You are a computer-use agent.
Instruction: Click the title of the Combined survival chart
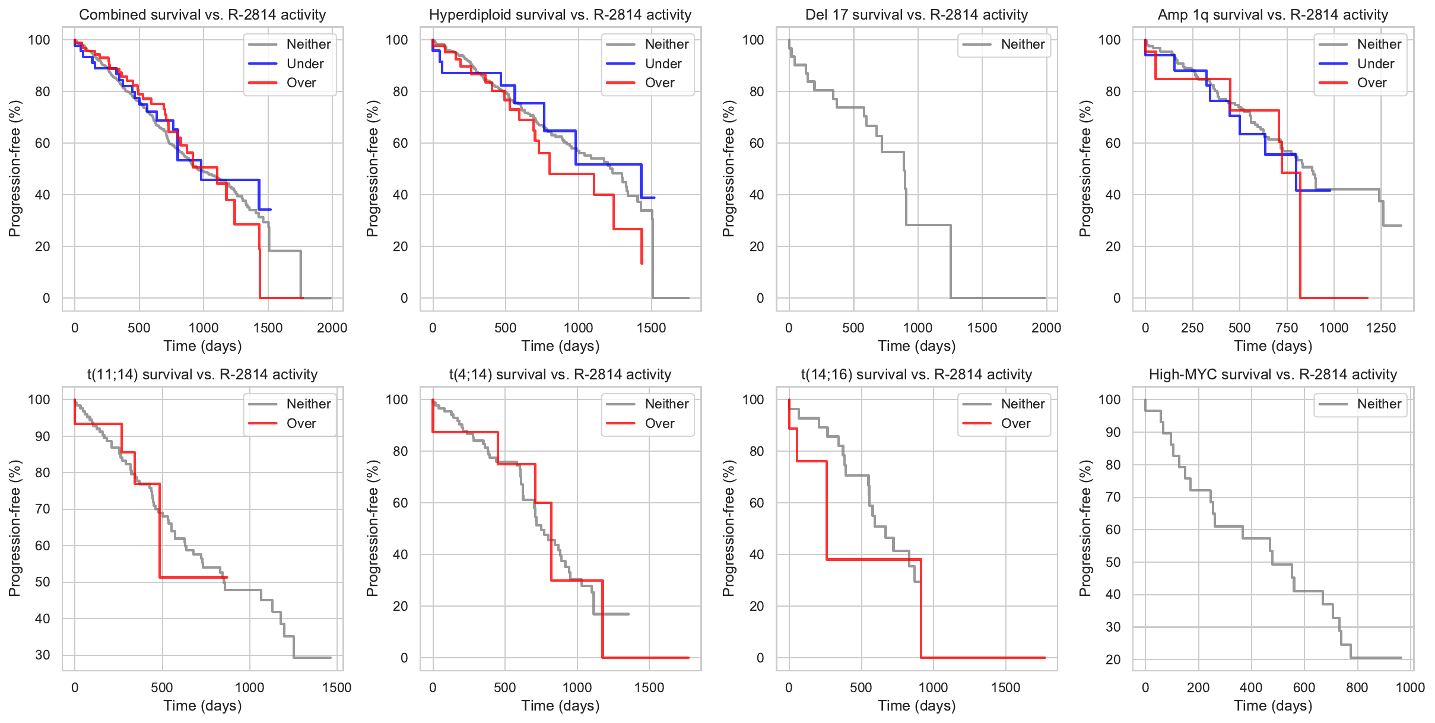pos(202,15)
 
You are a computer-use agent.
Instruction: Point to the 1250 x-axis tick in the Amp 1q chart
pos(1381,328)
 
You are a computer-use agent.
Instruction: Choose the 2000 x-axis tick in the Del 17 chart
pos(1046,328)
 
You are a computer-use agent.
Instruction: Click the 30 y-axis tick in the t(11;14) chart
pos(43,655)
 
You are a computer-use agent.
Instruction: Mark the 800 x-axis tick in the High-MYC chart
pos(1357,687)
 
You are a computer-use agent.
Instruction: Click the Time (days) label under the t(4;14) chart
pos(560,706)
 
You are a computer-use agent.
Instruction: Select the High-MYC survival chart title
pos(1273,375)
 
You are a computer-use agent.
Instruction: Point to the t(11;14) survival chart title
pos(202,375)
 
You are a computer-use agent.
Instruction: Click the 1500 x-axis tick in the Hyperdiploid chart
pos(652,328)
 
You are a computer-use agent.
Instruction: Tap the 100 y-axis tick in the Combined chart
pos(39,40)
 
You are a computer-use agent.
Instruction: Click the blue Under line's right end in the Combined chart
pos(271,210)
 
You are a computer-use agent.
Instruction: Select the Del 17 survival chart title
pos(916,15)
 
